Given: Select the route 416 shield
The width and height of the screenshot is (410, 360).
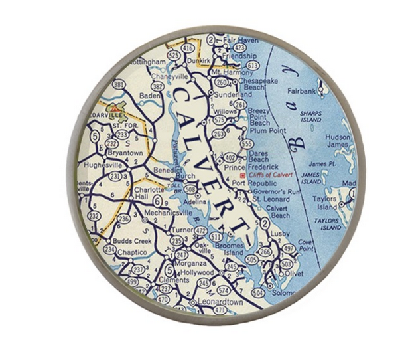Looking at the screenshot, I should (188, 49).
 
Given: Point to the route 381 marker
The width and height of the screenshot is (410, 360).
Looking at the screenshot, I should (119, 84).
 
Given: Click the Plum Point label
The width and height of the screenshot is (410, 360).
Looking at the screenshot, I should (266, 131).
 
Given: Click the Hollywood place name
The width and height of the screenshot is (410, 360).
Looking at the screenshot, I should (196, 272).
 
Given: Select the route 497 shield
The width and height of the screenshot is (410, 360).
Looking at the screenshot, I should (288, 248).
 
